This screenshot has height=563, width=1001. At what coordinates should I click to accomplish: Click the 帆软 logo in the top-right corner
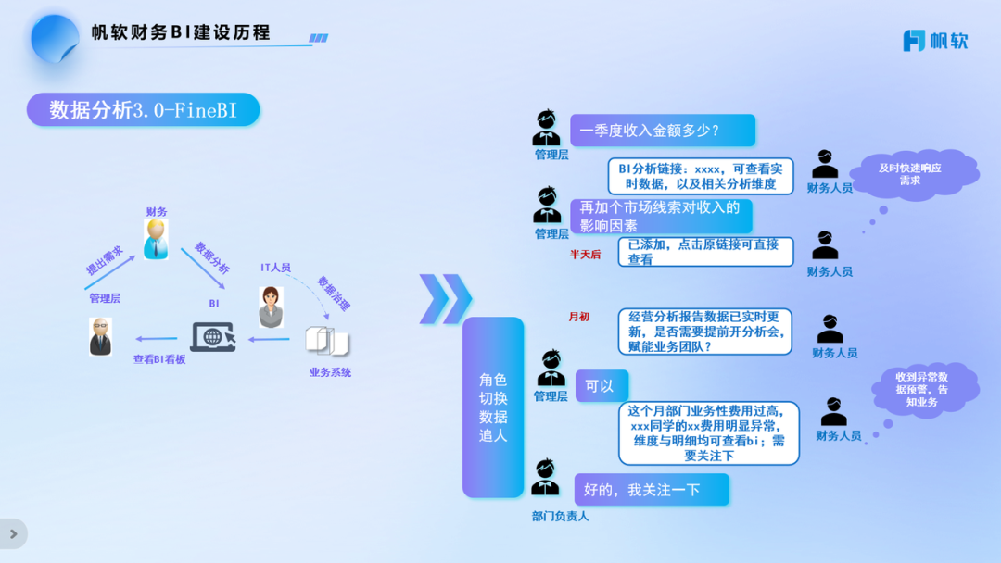[x=935, y=41]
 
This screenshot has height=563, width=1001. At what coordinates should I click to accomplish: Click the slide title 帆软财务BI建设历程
[x=181, y=32]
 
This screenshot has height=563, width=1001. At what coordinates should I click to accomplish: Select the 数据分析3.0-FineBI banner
[x=143, y=110]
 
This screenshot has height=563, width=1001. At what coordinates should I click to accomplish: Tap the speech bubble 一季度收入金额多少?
[x=662, y=131]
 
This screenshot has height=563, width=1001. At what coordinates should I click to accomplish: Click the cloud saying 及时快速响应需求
[x=914, y=174]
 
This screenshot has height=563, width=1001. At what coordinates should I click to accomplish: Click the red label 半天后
[x=585, y=254]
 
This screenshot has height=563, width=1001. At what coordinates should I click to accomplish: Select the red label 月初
[x=578, y=317]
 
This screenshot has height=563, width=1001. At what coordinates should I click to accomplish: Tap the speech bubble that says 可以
[x=601, y=385]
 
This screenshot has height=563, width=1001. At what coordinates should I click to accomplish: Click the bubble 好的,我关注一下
[x=651, y=490]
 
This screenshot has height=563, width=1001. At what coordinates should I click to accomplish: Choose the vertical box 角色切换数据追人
[x=493, y=407]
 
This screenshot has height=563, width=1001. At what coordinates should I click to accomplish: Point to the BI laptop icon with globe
[x=212, y=336]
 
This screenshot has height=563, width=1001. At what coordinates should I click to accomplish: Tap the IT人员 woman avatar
[x=271, y=307]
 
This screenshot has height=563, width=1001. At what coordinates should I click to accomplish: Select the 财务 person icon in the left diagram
[x=156, y=240]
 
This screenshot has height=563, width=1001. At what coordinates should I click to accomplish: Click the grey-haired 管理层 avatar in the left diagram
[x=100, y=337]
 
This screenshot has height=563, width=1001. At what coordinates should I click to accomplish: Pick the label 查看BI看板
[x=159, y=359]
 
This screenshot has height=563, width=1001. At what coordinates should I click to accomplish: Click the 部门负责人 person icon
[x=546, y=479]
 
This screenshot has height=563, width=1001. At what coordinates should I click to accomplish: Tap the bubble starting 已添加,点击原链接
[x=705, y=252]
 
